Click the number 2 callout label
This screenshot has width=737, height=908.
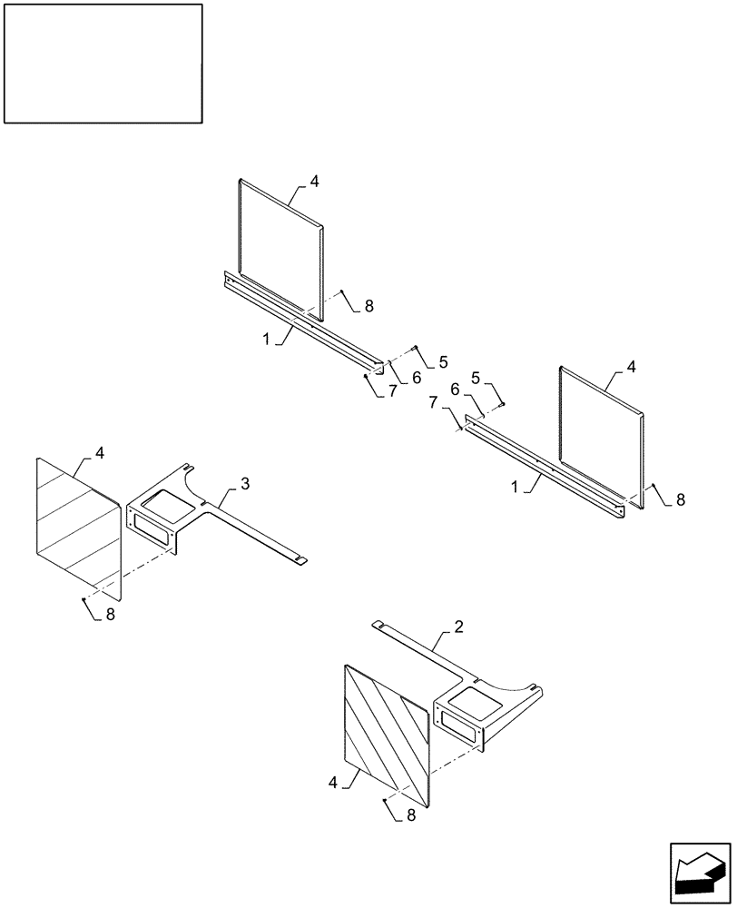(459, 627)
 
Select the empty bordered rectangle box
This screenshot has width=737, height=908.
(103, 63)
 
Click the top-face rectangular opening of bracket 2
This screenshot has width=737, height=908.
(468, 697)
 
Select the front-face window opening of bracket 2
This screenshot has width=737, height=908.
(458, 723)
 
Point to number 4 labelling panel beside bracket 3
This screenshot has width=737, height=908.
(100, 451)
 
